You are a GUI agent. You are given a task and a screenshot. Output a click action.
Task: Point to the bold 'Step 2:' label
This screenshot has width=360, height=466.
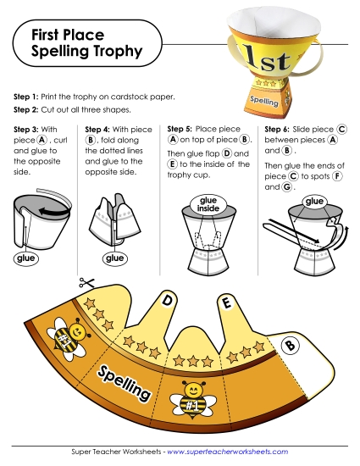(x=29, y=110)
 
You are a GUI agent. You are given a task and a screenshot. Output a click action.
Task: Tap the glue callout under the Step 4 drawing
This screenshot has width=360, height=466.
(x=113, y=258)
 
